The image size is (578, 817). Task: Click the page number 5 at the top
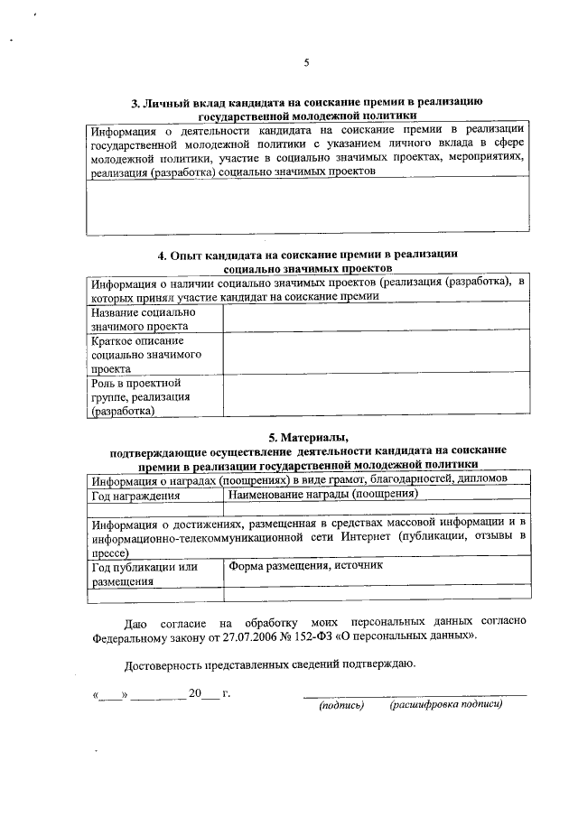(306, 62)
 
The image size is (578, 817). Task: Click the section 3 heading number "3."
(136, 103)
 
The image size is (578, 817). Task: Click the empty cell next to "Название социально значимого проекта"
(376, 318)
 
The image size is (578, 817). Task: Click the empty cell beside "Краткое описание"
(376, 355)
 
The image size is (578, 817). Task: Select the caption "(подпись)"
(340, 705)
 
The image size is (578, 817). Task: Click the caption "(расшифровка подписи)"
(445, 705)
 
